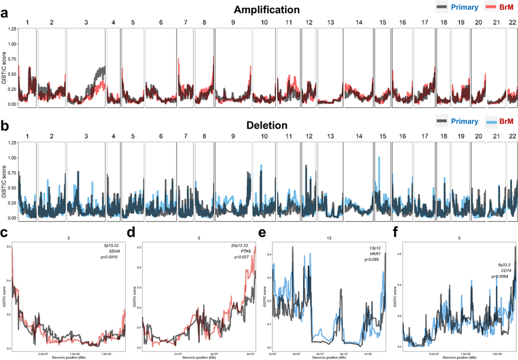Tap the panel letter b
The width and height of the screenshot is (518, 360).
[x=5, y=127]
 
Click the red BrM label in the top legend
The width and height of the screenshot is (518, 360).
[x=504, y=6]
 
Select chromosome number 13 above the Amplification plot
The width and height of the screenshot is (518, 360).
[x=331, y=22]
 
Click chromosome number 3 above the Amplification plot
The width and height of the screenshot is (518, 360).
[x=86, y=22]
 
